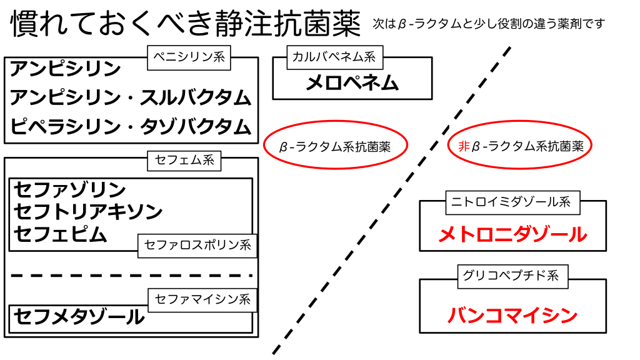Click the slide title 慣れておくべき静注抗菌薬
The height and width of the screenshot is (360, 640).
[186, 24]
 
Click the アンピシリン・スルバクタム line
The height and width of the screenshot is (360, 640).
[131, 97]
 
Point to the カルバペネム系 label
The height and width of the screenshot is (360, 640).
[334, 57]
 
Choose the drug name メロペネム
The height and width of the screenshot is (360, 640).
[352, 82]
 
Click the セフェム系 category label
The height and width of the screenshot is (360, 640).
[184, 160]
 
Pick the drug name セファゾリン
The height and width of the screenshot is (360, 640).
[70, 189]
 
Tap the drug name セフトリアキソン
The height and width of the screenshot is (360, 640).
[88, 211]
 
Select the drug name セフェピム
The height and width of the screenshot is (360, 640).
[61, 233]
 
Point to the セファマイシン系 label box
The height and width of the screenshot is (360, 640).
[202, 299]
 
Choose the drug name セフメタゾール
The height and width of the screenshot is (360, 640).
[79, 317]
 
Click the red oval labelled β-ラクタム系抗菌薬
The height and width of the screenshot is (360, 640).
[335, 147]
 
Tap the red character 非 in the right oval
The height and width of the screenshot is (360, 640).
[463, 147]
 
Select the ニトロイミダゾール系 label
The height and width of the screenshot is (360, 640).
[512, 202]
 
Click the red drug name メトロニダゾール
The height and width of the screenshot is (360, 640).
[512, 234]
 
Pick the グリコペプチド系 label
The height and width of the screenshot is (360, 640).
[512, 276]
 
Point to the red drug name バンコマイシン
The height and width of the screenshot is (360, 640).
[512, 315]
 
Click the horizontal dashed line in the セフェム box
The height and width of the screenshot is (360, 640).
[131, 275]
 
